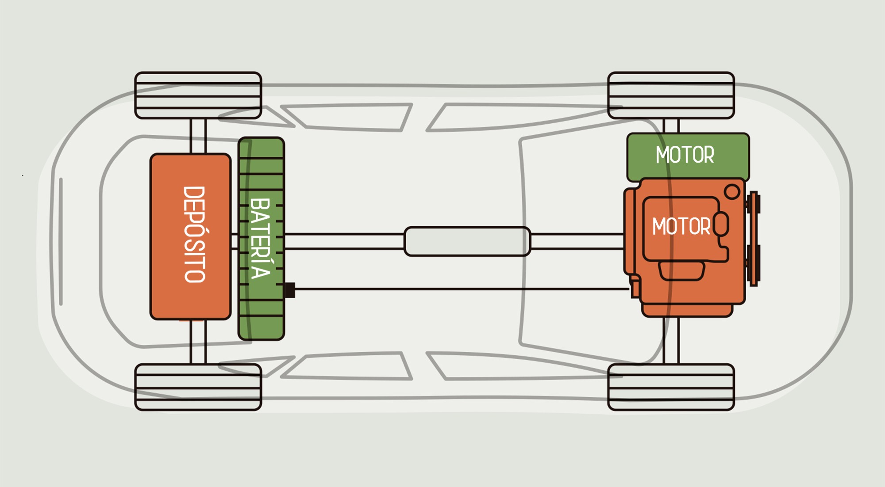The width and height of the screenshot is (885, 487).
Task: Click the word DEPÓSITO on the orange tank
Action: (x=195, y=234)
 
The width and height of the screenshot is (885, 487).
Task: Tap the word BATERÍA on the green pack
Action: (x=261, y=239)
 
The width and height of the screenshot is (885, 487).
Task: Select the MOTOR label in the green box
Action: (x=685, y=155)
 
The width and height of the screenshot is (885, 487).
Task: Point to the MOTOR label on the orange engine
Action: (x=681, y=227)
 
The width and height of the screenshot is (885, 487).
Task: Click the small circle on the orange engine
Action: (x=732, y=192)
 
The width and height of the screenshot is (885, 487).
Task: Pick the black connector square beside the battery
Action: (x=290, y=290)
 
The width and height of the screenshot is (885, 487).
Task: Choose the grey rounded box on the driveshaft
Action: (x=467, y=241)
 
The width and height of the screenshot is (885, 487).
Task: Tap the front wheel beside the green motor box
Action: (x=671, y=95)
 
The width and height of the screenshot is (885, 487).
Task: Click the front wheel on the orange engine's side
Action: (x=671, y=387)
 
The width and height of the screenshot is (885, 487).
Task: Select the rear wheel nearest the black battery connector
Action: (x=198, y=387)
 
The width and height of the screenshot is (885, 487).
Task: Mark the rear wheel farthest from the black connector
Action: (x=198, y=95)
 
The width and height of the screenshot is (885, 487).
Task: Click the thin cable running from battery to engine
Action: (x=460, y=289)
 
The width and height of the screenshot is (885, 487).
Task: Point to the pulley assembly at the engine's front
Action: (x=754, y=239)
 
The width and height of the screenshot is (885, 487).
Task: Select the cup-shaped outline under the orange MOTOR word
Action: (x=681, y=270)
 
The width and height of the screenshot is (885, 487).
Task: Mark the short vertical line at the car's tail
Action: (x=61, y=241)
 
